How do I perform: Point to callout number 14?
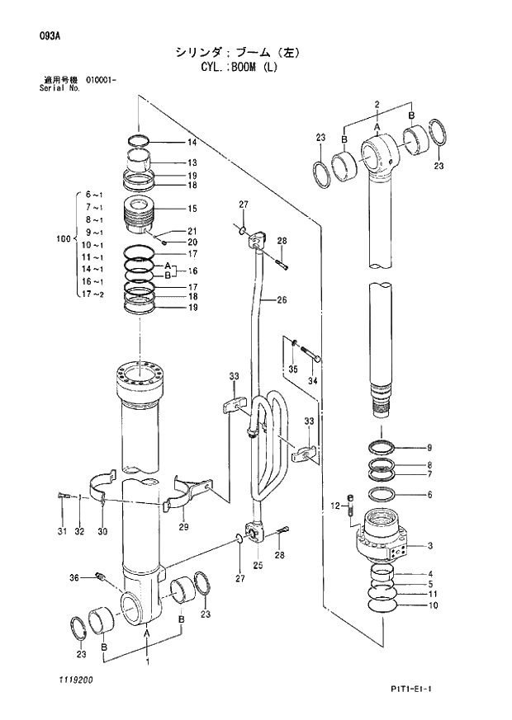[x=192, y=142]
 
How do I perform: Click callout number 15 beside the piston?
[x=192, y=209]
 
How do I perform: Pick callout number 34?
[x=312, y=381]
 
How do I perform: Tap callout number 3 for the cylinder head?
[x=430, y=545]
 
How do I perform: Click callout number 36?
[x=73, y=577]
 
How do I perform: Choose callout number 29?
[x=183, y=527]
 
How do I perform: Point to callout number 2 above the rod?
[x=377, y=104]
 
